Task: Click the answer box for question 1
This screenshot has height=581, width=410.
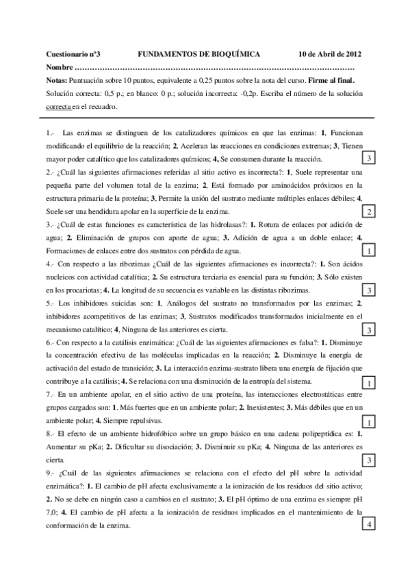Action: coord(369,159)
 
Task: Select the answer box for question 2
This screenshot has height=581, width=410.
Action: coord(369,210)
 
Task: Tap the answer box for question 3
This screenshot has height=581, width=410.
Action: coord(369,250)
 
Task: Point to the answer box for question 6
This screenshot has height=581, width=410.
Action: coord(369,382)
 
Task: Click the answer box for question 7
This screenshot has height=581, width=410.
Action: coord(369,421)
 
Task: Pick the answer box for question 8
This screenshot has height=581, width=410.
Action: coord(369,460)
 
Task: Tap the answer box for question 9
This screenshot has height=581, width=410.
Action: coord(369,525)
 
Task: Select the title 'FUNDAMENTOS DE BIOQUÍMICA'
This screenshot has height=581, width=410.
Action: coord(198,53)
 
